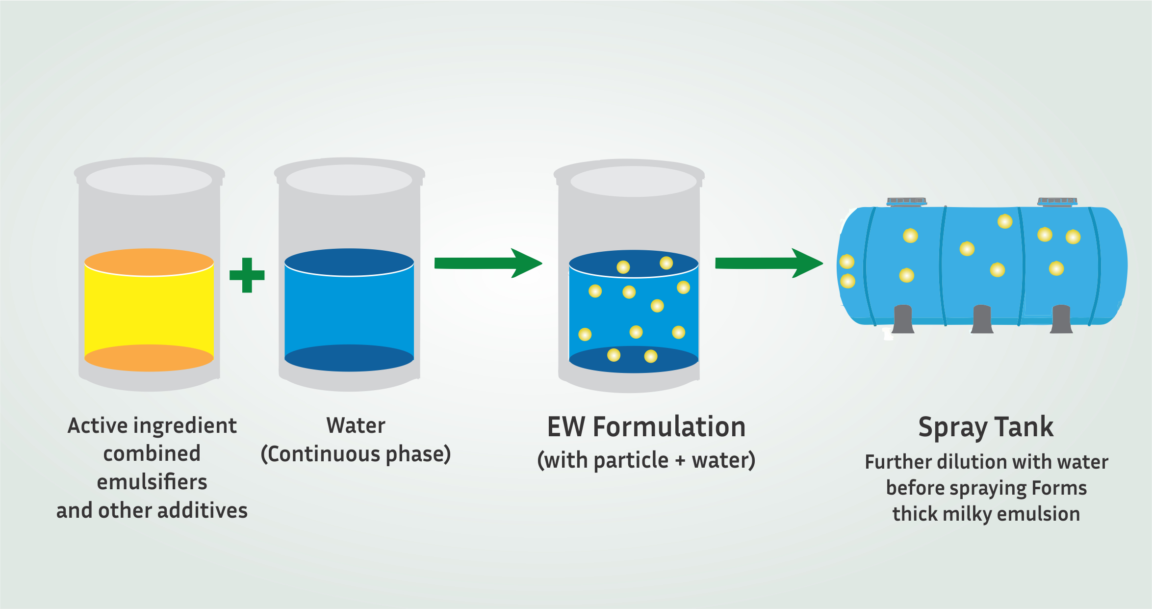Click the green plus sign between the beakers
coord(247,275)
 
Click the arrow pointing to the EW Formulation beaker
coord(487,264)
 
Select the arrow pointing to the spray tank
coord(768,264)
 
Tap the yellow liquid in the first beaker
coord(149,314)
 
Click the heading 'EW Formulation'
coord(646,427)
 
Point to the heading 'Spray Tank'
coord(986,427)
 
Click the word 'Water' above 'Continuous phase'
coord(356,426)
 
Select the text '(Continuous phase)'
coord(356,454)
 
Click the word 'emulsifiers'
coord(152,482)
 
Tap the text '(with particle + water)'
coord(646,461)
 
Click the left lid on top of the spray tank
coord(906,201)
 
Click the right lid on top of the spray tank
coord(1057,201)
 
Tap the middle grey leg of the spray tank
coord(982,319)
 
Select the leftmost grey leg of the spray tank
coord(903,319)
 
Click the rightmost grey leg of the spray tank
coord(1061,319)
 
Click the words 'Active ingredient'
coord(152,426)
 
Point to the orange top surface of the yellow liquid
coord(149,262)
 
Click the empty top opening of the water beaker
coord(349,180)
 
